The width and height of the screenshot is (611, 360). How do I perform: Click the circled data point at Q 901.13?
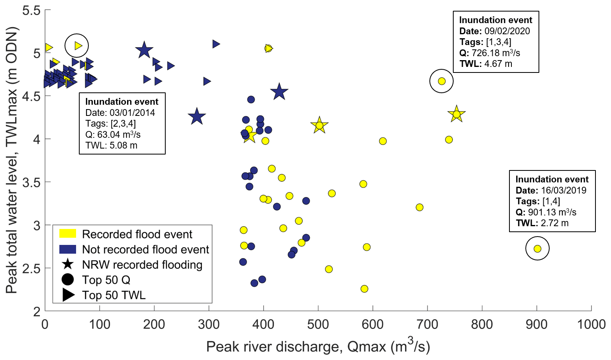(537, 248)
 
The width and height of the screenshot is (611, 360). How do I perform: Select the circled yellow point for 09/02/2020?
(441, 81)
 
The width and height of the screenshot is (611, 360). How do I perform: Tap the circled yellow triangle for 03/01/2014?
(78, 46)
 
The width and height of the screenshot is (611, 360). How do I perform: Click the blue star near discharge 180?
(144, 50)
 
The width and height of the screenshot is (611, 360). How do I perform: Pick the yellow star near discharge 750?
(456, 114)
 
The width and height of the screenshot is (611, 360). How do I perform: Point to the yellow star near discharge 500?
(319, 125)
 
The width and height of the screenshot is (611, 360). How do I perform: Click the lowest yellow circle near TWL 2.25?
(364, 289)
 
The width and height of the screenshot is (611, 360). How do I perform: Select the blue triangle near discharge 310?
(216, 44)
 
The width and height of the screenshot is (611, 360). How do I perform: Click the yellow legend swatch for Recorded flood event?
(68, 234)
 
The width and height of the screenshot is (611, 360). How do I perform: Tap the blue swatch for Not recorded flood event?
(68, 249)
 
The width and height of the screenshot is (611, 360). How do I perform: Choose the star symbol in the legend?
(68, 264)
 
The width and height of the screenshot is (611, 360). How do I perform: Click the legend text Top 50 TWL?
(114, 295)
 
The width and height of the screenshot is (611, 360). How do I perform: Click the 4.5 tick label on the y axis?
(31, 96)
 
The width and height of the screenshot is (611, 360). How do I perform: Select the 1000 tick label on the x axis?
(591, 324)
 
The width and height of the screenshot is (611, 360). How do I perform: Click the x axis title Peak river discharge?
(318, 346)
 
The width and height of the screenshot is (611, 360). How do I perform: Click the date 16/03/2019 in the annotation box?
(563, 190)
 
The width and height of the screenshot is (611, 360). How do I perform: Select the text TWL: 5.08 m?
(111, 145)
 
